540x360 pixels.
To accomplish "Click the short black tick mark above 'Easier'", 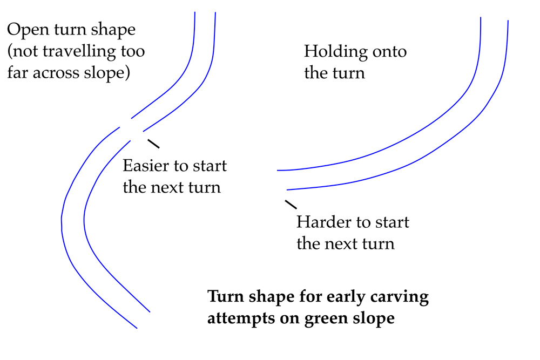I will point(153,144).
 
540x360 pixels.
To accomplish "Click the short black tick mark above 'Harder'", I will point(291,204).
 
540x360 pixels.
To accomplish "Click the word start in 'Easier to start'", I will point(208,166).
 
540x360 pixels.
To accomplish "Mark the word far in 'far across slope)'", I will point(18,73).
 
